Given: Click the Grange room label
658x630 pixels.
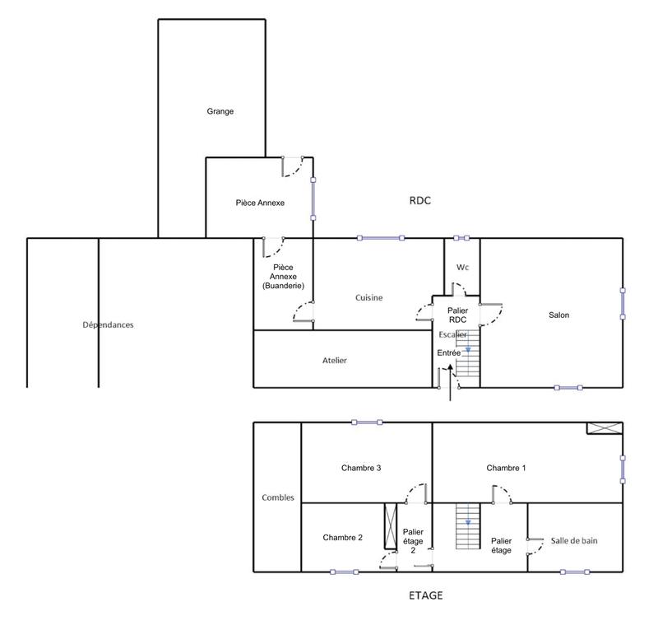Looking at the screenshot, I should pyautogui.click(x=220, y=111).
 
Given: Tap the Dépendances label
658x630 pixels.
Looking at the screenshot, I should pyautogui.click(x=108, y=324).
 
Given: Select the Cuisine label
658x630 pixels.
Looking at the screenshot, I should pyautogui.click(x=368, y=298).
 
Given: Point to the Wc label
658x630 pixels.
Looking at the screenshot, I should pyautogui.click(x=461, y=268).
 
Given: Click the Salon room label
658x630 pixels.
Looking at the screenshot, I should pyautogui.click(x=559, y=315).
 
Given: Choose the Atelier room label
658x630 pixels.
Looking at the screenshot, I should pyautogui.click(x=335, y=360).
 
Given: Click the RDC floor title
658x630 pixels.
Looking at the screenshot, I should pyautogui.click(x=419, y=201).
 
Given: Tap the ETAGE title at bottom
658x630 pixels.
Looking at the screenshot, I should pyautogui.click(x=425, y=595).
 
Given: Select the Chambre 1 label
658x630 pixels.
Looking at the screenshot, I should pyautogui.click(x=506, y=468).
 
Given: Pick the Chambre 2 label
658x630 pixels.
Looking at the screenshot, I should pyautogui.click(x=343, y=537).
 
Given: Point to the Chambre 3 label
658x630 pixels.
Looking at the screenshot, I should pyautogui.click(x=360, y=468).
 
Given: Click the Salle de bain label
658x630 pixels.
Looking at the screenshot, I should pyautogui.click(x=574, y=541).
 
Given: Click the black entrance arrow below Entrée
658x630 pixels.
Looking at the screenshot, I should pyautogui.click(x=450, y=385).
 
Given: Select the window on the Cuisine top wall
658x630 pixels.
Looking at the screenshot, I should pyautogui.click(x=381, y=238).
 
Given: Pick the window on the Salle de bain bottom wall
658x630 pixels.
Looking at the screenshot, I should pyautogui.click(x=574, y=572).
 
